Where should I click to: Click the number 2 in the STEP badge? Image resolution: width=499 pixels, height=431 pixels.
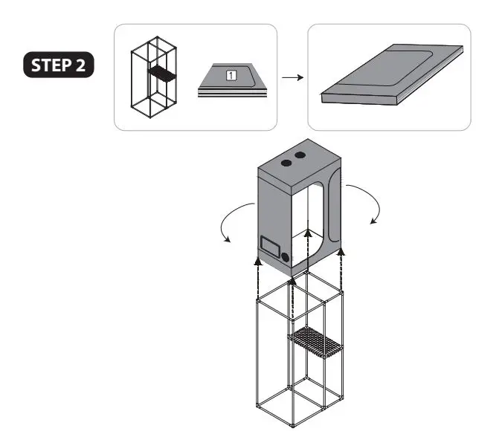pyautogui.click(x=82, y=65)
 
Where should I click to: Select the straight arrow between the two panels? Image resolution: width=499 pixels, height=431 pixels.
pyautogui.click(x=292, y=77)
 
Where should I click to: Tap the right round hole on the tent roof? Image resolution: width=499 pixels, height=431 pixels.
pyautogui.click(x=301, y=155)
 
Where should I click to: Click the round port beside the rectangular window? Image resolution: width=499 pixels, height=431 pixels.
pyautogui.click(x=286, y=256)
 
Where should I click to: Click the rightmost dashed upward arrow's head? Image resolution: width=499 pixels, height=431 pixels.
pyautogui.click(x=341, y=253)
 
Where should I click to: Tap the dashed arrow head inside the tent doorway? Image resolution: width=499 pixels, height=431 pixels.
pyautogui.click(x=308, y=233)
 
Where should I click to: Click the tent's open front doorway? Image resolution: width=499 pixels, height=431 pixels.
pyautogui.click(x=309, y=223)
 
